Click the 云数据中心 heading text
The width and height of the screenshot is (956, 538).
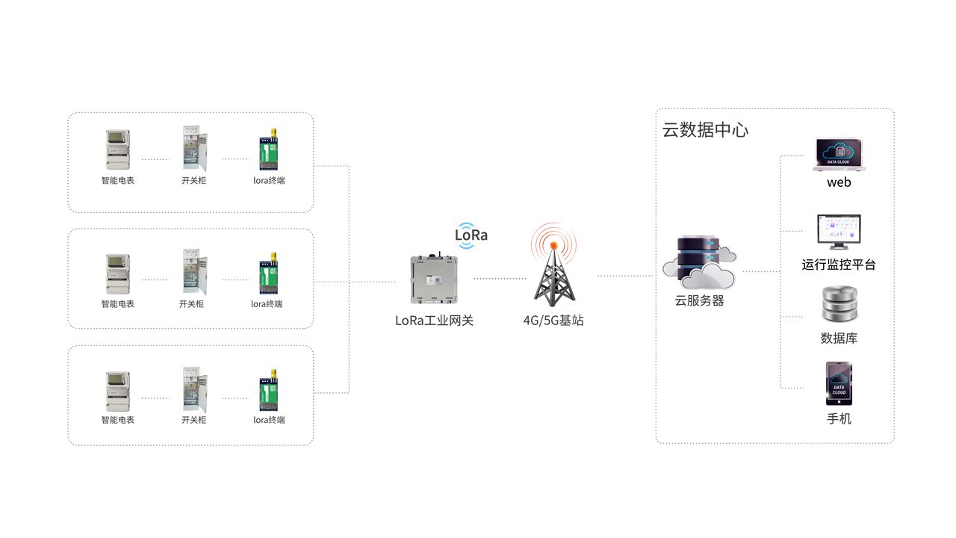705,130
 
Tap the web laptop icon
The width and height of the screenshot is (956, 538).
839,155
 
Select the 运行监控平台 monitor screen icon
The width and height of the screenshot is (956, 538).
839,233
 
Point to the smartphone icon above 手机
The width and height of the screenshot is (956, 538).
839,384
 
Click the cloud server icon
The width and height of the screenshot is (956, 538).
699,262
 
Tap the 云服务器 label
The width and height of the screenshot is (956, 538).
699,301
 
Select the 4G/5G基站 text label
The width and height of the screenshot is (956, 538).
553,321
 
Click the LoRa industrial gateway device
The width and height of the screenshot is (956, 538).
434,279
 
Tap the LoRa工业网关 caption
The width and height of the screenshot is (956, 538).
434,321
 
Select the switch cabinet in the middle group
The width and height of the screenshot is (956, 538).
193,273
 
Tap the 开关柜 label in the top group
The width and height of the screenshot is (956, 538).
193,180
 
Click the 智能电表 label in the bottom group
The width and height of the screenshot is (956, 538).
117,420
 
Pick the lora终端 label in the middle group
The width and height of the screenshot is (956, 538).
267,304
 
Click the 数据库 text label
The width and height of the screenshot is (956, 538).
839,338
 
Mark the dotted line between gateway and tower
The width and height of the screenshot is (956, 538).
500,279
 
